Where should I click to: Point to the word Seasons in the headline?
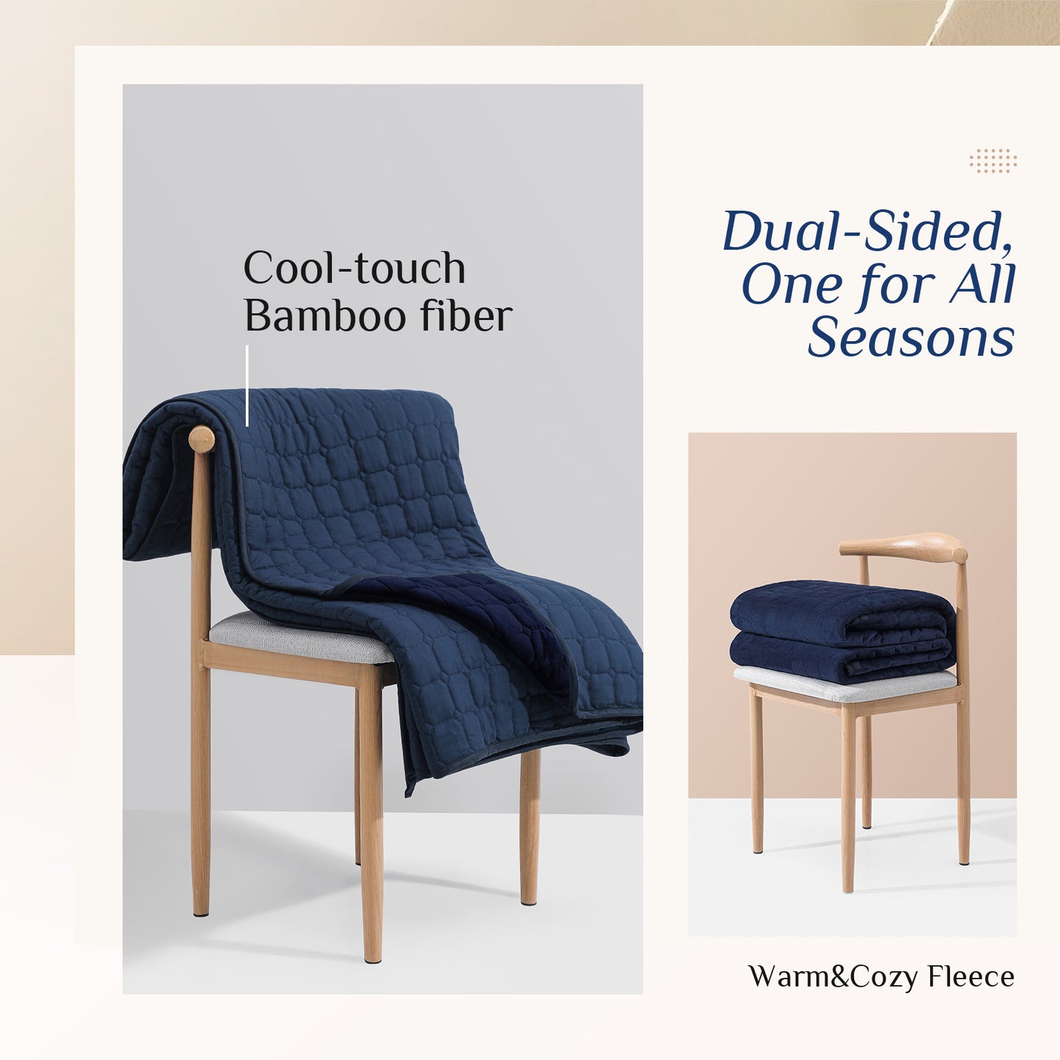click(x=911, y=337)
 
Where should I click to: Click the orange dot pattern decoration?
click(x=993, y=161)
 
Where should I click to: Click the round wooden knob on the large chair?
click(x=201, y=439)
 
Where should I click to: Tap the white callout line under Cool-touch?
click(x=247, y=386)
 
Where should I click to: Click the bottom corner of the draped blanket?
click(x=408, y=793)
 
